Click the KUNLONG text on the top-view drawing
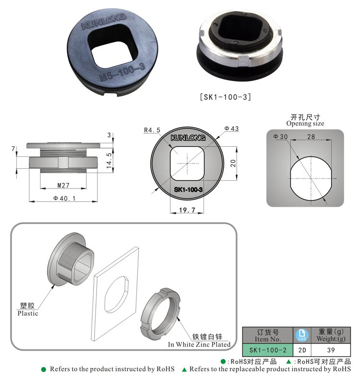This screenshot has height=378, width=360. tap(188, 138)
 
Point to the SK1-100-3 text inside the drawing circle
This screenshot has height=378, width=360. tap(188, 190)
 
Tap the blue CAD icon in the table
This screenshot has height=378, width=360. tap(302, 334)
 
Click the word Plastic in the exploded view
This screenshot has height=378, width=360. tap(27, 314)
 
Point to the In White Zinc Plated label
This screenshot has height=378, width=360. tap(199, 344)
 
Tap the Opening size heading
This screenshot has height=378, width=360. tap(305, 123)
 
